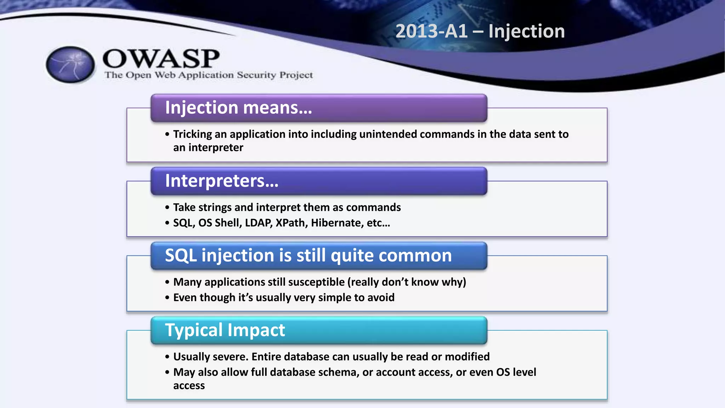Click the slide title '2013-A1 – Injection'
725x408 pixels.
coord(480,31)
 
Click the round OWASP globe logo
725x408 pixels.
coord(70,65)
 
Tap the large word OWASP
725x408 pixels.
coord(161,59)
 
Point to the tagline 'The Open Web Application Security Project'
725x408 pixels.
coord(209,75)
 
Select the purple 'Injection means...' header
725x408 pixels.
coord(319,108)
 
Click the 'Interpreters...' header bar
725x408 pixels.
coord(319,181)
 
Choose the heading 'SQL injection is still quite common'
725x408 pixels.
coord(308,255)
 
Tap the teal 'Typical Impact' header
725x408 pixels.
coord(319,330)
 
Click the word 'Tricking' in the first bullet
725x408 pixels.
coord(193,134)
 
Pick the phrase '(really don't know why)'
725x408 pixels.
coord(407,282)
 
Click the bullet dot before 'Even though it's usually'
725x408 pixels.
coord(167,298)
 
